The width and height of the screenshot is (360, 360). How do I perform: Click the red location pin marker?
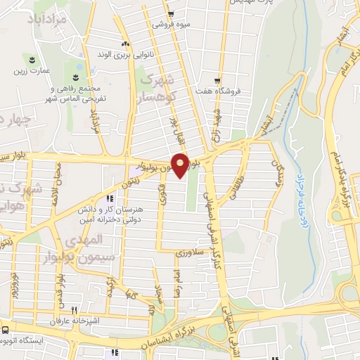[x=181, y=166]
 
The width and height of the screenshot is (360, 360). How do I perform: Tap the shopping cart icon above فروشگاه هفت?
[x=218, y=81]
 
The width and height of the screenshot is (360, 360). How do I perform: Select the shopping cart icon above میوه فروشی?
[x=170, y=13]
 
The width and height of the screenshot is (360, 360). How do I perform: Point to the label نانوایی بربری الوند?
[x=117, y=53]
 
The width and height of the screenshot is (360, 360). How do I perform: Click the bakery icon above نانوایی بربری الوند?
[x=127, y=44]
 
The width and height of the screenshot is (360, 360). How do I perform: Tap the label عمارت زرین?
[x=31, y=70]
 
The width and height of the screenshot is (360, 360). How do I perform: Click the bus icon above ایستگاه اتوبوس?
[x=5, y=329]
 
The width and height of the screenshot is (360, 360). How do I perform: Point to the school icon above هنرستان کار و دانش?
[x=109, y=198]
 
